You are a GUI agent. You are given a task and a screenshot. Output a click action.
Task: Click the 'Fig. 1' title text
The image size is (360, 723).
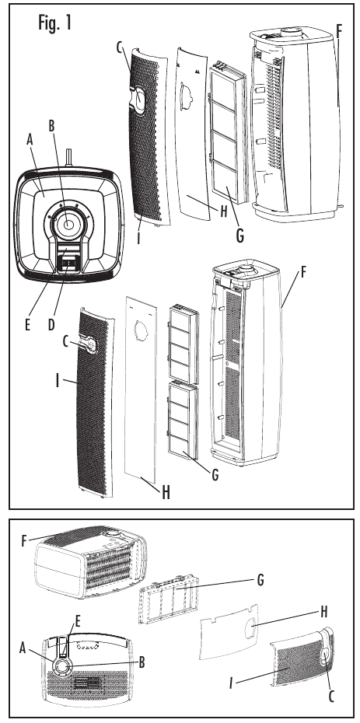pos(54,23)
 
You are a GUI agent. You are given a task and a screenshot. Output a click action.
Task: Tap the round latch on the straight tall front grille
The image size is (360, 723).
pos(90,343)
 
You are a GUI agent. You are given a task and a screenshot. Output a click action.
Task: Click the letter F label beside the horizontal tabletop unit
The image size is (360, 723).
pos(23,539)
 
